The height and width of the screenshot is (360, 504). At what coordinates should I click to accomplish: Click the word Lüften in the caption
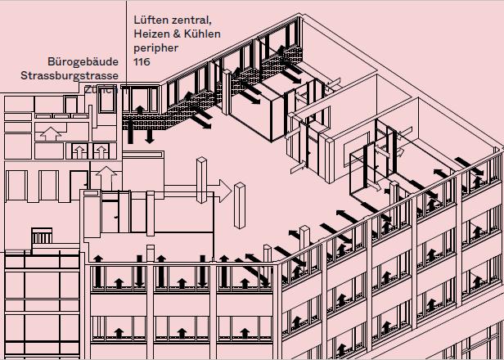pyautogui.click(x=151, y=19)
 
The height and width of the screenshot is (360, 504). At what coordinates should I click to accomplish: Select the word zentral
pyautogui.click(x=191, y=19)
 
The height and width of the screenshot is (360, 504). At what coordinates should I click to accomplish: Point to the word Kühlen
pyautogui.click(x=209, y=34)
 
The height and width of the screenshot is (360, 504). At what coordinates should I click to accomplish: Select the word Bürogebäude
pyautogui.click(x=84, y=61)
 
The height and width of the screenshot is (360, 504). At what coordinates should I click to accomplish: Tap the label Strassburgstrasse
pyautogui.click(x=70, y=75)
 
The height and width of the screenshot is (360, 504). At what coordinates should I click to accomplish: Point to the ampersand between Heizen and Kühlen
pyautogui.click(x=182, y=34)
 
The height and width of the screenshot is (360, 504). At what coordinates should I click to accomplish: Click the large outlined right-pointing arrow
pyautogui.click(x=216, y=191)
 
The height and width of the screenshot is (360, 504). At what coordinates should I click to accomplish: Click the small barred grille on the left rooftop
pyautogui.click(x=41, y=236)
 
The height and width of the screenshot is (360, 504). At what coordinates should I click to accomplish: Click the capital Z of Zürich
pyautogui.click(x=87, y=89)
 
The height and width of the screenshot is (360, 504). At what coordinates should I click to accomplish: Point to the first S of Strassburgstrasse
pyautogui.click(x=25, y=75)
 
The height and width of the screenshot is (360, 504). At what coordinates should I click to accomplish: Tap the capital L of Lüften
pyautogui.click(x=136, y=19)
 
